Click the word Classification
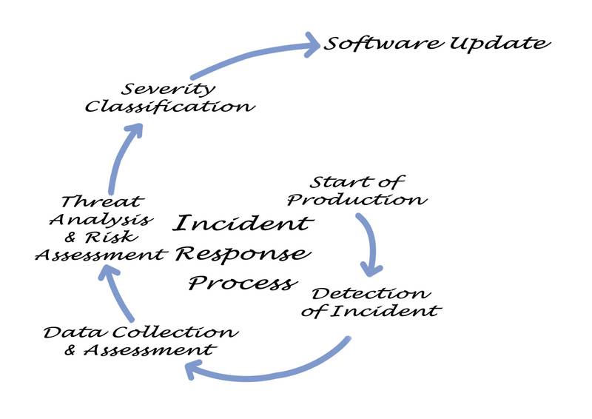coord(169,106)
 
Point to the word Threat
coord(102,201)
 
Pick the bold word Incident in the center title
coord(243,222)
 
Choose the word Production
coord(357,200)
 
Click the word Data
coord(70,332)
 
